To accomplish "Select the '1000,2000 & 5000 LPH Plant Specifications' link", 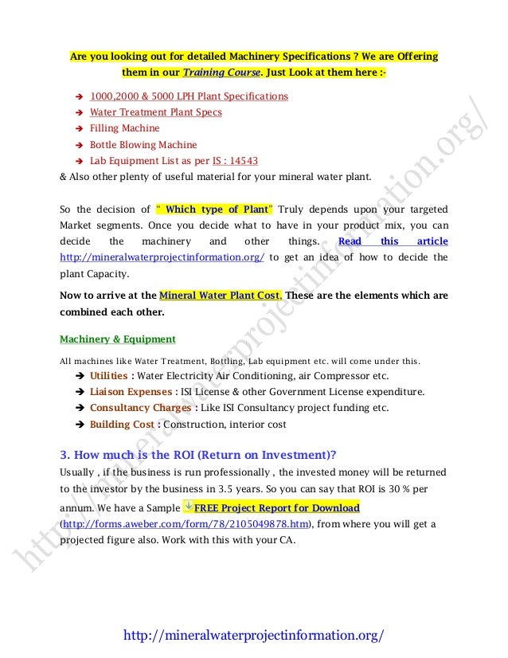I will [189, 96].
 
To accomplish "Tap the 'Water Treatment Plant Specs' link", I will [155, 112].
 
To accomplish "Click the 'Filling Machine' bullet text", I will [124, 128].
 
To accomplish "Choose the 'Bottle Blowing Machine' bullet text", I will [143, 145].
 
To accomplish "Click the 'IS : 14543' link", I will [236, 160].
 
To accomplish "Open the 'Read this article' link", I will [393, 241].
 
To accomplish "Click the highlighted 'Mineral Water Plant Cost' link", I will [220, 295].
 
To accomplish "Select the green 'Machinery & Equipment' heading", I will [118, 339].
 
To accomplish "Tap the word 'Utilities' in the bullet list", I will [109, 375].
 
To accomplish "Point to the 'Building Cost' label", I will [123, 425].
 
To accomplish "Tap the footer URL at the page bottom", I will [254, 636].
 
